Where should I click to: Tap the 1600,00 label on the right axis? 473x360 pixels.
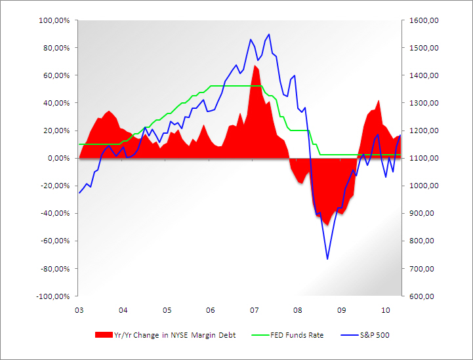(423, 20)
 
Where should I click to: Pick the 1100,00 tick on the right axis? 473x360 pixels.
(423, 158)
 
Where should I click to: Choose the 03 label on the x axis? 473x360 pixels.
(79, 310)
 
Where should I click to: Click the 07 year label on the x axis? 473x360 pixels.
(254, 310)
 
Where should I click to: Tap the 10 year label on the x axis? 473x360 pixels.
(386, 310)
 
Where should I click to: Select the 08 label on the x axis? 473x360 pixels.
(298, 310)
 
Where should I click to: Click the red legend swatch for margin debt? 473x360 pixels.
(104, 335)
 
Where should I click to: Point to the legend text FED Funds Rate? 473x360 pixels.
(297, 335)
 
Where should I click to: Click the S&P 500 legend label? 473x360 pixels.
(375, 335)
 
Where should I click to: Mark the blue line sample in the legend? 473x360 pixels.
(348, 335)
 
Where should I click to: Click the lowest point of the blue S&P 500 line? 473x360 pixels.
(327, 259)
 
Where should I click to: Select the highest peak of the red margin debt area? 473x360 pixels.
(257, 67)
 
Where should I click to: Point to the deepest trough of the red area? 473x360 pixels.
(326, 225)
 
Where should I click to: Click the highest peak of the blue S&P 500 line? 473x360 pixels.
(269, 34)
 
